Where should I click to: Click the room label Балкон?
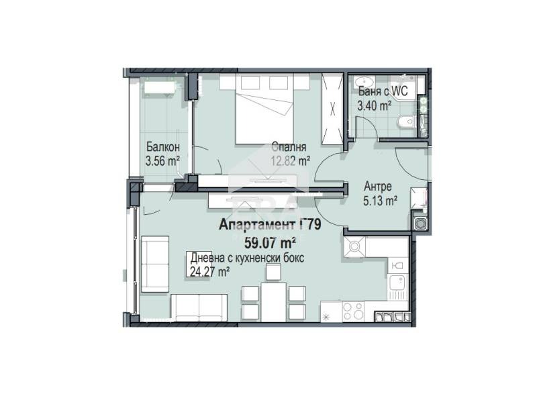[162, 147]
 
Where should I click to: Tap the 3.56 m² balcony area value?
[162, 160]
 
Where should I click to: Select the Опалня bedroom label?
[289, 147]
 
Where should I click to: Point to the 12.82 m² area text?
[291, 160]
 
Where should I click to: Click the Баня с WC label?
[383, 91]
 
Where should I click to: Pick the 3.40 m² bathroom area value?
[375, 105]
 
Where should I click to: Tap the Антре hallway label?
[378, 187]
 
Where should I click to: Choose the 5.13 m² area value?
[380, 201]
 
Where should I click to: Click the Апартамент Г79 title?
[270, 225]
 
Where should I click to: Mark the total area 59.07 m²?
[271, 243]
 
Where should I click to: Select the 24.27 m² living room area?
[209, 272]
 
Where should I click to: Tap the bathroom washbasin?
[364, 82]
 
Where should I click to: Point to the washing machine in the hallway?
[420, 223]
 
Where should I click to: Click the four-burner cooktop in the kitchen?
[354, 311]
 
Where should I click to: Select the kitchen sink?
[398, 287]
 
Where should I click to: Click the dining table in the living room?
[274, 302]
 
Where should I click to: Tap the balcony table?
[160, 86]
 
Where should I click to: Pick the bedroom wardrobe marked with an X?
[332, 109]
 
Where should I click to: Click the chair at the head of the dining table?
[274, 272]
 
